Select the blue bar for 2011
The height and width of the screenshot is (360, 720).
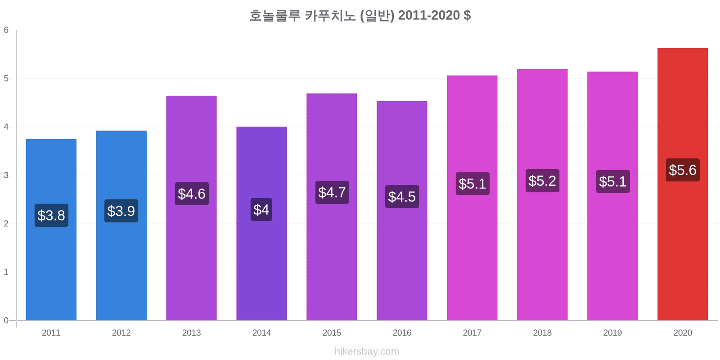(51, 270)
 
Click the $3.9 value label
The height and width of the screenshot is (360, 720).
(121, 211)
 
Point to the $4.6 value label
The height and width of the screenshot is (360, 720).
(192, 194)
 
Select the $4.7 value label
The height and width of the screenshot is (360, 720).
(332, 193)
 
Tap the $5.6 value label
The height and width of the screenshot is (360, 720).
(683, 170)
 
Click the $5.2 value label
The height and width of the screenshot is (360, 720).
(542, 181)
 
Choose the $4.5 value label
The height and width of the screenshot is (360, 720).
(402, 197)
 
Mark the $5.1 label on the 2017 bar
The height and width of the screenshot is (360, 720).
(472, 184)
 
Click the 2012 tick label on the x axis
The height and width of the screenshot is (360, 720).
(121, 333)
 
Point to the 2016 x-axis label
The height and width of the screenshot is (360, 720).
(402, 333)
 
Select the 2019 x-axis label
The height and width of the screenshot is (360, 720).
(612, 333)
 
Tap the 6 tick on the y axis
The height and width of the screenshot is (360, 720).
(6, 30)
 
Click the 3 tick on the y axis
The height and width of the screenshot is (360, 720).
(6, 175)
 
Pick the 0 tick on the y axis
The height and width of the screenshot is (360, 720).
(6, 320)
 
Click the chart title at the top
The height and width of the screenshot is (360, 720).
(360, 16)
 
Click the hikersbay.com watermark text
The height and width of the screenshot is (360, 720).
(367, 351)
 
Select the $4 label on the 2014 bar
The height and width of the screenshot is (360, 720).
(261, 210)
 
